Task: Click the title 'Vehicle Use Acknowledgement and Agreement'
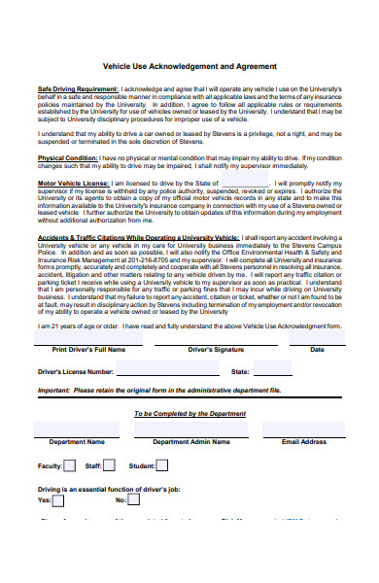[x=189, y=64]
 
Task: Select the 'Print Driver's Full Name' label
[x=88, y=349]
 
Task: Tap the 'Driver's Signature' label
[x=216, y=349]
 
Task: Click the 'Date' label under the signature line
[x=317, y=349]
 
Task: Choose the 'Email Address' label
[x=308, y=441]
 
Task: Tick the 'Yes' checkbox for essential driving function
[x=58, y=500]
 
